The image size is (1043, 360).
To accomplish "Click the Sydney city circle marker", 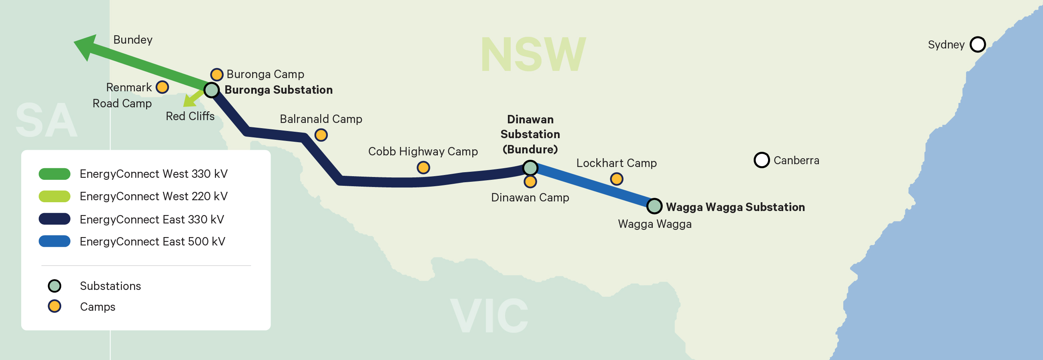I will (977, 44).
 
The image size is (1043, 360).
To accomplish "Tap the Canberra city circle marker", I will (761, 160).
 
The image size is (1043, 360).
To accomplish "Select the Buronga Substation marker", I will (211, 90).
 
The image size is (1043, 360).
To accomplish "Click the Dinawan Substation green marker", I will (530, 167).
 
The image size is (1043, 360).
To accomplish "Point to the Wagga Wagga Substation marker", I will (654, 206).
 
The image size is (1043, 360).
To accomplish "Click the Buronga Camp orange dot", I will (217, 74).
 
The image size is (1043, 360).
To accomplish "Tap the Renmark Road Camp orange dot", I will (162, 87).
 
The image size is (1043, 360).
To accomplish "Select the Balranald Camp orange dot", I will (321, 135).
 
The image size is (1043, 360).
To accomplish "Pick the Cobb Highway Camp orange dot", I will (423, 167).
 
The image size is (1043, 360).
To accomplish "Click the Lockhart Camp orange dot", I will (616, 179).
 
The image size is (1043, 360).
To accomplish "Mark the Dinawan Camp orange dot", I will (530, 182).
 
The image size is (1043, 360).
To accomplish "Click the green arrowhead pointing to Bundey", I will (86, 46).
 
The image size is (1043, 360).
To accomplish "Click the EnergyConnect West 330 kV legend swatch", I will (54, 174).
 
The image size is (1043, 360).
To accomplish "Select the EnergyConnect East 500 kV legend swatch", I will (54, 241).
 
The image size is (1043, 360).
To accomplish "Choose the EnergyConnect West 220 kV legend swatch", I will (54, 196).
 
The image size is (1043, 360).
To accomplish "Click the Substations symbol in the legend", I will (54, 286).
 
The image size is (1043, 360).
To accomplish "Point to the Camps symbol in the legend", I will (54, 306).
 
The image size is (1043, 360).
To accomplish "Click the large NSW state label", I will (533, 55).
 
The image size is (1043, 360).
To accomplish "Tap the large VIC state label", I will (489, 316).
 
